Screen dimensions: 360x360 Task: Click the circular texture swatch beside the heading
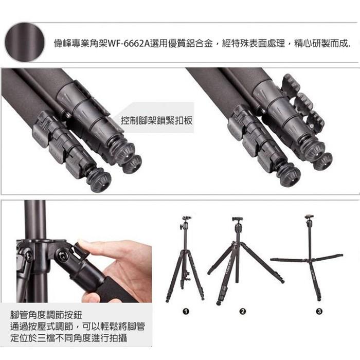[x=25, y=42]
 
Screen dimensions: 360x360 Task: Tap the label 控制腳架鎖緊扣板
[x=156, y=120]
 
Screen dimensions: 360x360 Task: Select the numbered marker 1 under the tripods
[x=186, y=312]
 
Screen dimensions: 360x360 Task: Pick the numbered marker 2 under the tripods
[x=242, y=312]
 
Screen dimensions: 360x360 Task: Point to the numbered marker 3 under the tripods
[x=319, y=312]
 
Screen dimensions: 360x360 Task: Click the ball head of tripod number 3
[x=309, y=220]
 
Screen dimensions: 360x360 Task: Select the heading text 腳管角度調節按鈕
[x=46, y=315]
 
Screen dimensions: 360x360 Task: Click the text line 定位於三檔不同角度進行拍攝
[x=68, y=338]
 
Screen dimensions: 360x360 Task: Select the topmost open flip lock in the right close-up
[x=291, y=84]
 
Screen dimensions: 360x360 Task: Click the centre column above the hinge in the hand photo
[x=35, y=220]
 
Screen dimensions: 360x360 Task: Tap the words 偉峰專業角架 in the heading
[x=80, y=43]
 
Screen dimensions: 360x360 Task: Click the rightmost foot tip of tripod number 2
[x=283, y=281]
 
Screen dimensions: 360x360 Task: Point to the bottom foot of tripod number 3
[x=320, y=299]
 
